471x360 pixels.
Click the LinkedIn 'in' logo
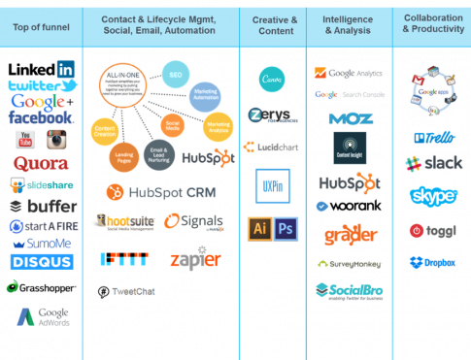tap(65, 69)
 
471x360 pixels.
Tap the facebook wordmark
tap(41, 117)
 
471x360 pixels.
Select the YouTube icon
tap(25, 139)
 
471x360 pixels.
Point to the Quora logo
tap(39, 163)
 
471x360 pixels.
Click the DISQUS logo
tap(42, 261)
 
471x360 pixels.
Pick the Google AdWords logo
tap(44, 317)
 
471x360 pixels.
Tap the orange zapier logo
tap(195, 259)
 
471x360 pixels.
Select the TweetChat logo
tap(126, 291)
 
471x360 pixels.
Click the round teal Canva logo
tap(271, 79)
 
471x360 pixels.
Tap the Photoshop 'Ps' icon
tap(285, 229)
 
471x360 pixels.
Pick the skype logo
tap(432, 196)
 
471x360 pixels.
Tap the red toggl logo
tap(433, 231)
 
